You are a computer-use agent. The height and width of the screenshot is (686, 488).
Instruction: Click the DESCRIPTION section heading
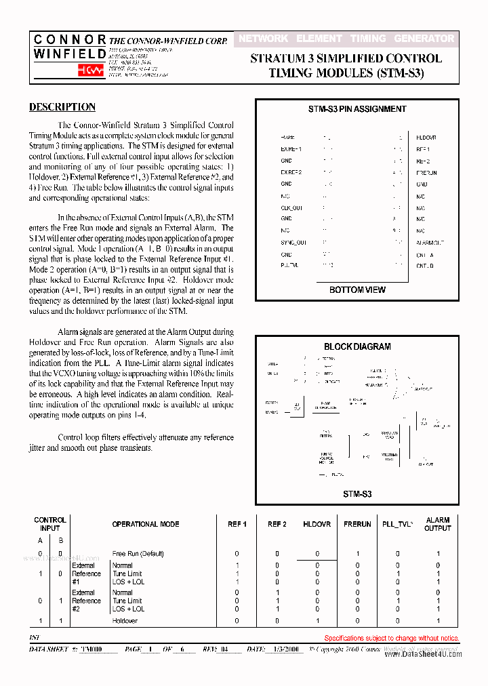(x=62, y=107)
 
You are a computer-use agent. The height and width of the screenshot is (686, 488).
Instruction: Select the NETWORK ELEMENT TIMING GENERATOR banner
(x=346, y=39)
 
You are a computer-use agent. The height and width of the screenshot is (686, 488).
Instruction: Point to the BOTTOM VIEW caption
(x=357, y=289)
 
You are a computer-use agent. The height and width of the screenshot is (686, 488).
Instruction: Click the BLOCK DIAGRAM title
(x=357, y=346)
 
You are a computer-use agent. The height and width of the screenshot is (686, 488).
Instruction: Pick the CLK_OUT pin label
(x=291, y=207)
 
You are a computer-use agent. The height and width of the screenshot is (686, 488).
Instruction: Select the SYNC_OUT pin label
(x=293, y=242)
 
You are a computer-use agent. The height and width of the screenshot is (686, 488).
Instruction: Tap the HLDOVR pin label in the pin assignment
(x=426, y=137)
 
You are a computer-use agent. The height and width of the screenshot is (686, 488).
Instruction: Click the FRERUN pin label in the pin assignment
(x=426, y=173)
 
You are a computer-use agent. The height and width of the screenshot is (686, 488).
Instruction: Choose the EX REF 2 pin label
(x=291, y=172)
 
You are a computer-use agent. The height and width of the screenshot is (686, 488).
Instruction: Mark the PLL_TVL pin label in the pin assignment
(x=289, y=266)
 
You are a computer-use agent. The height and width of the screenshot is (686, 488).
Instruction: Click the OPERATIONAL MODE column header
(x=146, y=524)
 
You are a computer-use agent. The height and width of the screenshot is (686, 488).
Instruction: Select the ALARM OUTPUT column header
(x=438, y=524)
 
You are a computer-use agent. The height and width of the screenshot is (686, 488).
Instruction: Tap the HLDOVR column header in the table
(x=317, y=524)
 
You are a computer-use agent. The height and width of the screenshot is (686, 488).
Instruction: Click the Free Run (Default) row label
(x=138, y=554)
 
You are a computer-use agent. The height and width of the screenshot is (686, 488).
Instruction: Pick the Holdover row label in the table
(x=125, y=621)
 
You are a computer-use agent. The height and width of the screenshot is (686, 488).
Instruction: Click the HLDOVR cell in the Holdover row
(x=317, y=621)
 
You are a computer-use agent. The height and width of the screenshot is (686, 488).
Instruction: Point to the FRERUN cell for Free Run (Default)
(x=357, y=554)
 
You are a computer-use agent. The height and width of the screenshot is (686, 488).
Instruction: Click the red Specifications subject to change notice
(x=392, y=638)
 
